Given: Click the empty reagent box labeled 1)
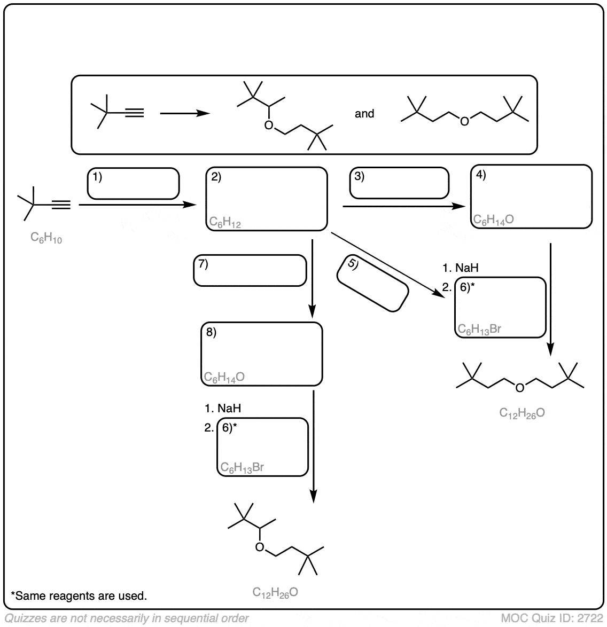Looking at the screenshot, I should coord(134,184).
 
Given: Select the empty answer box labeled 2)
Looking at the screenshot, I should coord(267,199).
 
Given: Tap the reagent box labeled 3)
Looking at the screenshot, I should coord(399,183).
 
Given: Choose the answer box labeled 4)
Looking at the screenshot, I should coord(532,197).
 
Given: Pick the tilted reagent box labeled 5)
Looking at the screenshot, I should coord(372,284).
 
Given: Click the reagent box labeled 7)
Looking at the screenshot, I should coord(250,270).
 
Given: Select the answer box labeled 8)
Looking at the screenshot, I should coord(262,354).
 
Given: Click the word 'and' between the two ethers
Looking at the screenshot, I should coord(364,114).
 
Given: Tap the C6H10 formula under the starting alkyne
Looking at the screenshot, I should coord(46,239).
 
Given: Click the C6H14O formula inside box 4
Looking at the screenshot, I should coord(494,220).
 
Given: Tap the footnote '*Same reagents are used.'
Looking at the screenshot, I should coord(79,595).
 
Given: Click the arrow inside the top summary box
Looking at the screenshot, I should coord(184,113).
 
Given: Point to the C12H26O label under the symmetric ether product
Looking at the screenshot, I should coord(522,412).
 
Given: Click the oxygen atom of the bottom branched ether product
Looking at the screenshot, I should coord(260,547).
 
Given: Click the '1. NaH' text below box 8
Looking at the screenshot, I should coord(223,409).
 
